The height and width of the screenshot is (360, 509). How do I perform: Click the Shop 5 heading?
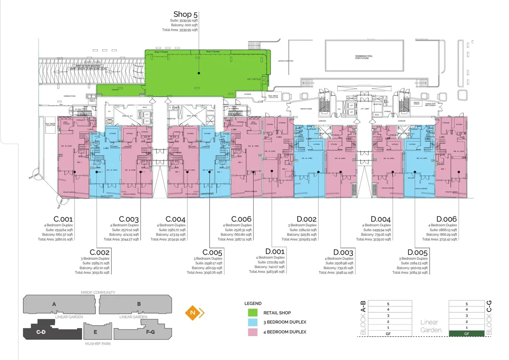(x=185, y=15)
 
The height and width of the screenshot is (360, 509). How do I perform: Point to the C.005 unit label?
(x=212, y=253)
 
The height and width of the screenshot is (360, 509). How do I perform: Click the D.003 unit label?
(x=343, y=253)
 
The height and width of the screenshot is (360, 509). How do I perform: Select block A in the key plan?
(x=54, y=304)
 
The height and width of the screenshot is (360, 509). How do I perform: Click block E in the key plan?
(x=95, y=332)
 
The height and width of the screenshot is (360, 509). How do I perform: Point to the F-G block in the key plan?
(x=150, y=332)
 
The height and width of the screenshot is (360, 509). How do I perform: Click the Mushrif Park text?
(x=98, y=343)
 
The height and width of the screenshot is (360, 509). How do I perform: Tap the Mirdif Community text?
(x=98, y=292)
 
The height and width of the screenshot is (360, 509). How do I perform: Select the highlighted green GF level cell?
(x=466, y=334)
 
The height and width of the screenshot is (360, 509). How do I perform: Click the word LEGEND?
(x=253, y=304)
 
